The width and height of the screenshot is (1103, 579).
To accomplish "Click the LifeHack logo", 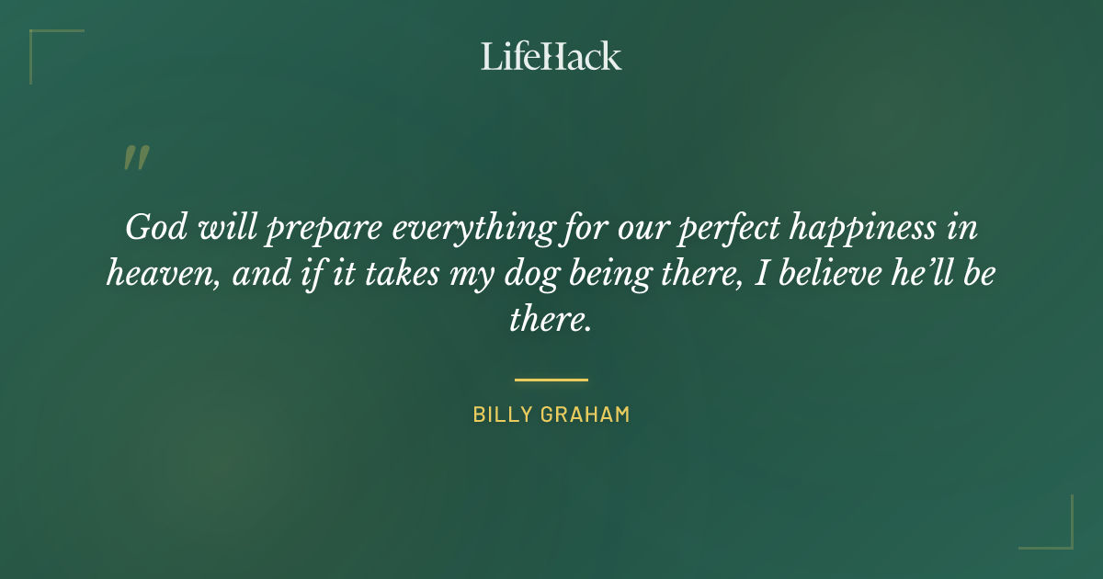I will click(x=551, y=56).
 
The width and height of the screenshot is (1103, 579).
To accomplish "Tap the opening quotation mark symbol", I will click(x=135, y=159).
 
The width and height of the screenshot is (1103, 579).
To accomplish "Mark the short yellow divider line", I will click(x=551, y=379).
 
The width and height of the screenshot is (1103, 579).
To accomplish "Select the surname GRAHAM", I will click(x=586, y=414).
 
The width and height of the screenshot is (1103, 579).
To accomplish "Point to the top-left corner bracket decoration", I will click(x=41, y=41).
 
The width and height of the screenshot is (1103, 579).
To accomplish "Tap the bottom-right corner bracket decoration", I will click(x=1061, y=537).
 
